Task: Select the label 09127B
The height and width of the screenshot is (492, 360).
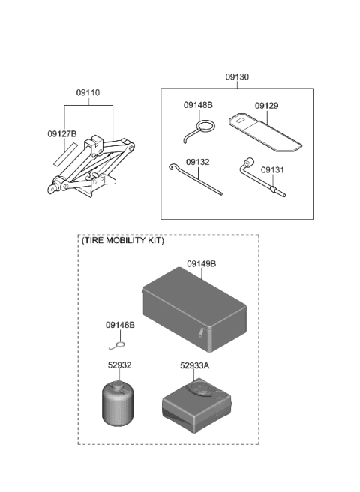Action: pos(62,135)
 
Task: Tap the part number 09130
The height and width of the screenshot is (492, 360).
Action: pos(237,77)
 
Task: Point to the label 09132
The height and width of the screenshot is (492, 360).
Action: pos(198,162)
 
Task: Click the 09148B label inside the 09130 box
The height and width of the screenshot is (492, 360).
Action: pos(199,106)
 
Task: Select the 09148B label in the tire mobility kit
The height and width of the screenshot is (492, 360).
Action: pos(120,325)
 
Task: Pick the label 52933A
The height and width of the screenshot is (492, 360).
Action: pos(196,365)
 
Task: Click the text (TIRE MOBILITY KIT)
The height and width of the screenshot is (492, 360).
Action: pos(122,241)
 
